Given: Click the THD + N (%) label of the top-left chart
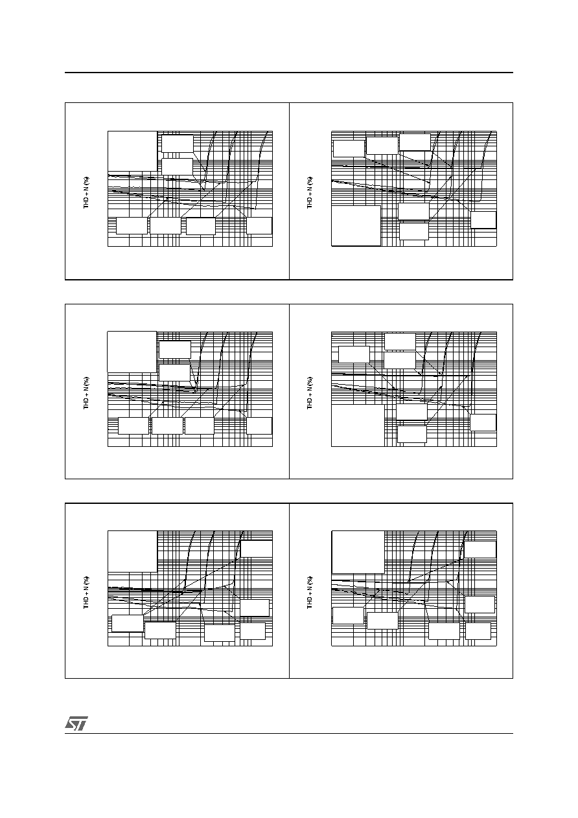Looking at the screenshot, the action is pyautogui.click(x=86, y=193).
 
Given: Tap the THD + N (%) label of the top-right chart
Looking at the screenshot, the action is pyautogui.click(x=310, y=193).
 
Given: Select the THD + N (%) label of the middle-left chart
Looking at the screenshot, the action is pyautogui.click(x=86, y=393).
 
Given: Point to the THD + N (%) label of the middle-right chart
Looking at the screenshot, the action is pyautogui.click(x=310, y=393).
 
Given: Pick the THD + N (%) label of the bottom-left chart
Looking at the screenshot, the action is pyautogui.click(x=86, y=593).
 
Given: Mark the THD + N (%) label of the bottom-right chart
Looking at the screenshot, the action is pyautogui.click(x=310, y=593).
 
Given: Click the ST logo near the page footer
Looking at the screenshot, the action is pyautogui.click(x=76, y=723).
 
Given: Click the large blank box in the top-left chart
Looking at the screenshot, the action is pyautogui.click(x=133, y=151).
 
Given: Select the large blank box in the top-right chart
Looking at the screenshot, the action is pyautogui.click(x=356, y=225).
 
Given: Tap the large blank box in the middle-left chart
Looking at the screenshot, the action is pyautogui.click(x=132, y=352).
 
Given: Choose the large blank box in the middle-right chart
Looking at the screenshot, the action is pyautogui.click(x=358, y=426).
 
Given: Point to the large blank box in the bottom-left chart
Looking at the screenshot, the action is pyautogui.click(x=133, y=551).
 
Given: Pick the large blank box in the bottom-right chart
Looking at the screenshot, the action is pyautogui.click(x=358, y=552).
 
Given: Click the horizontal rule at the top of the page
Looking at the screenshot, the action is pyautogui.click(x=289, y=73).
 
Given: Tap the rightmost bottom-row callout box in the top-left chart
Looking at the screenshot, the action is pyautogui.click(x=259, y=225).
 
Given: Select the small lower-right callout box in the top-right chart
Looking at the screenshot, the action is pyautogui.click(x=483, y=220).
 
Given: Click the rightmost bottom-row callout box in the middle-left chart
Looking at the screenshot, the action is pyautogui.click(x=259, y=426).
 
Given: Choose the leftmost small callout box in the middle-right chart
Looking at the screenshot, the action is pyautogui.click(x=354, y=354).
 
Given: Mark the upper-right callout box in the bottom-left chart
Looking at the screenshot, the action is pyautogui.click(x=257, y=549).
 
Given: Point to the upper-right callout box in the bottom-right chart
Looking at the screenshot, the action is pyautogui.click(x=480, y=550).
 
